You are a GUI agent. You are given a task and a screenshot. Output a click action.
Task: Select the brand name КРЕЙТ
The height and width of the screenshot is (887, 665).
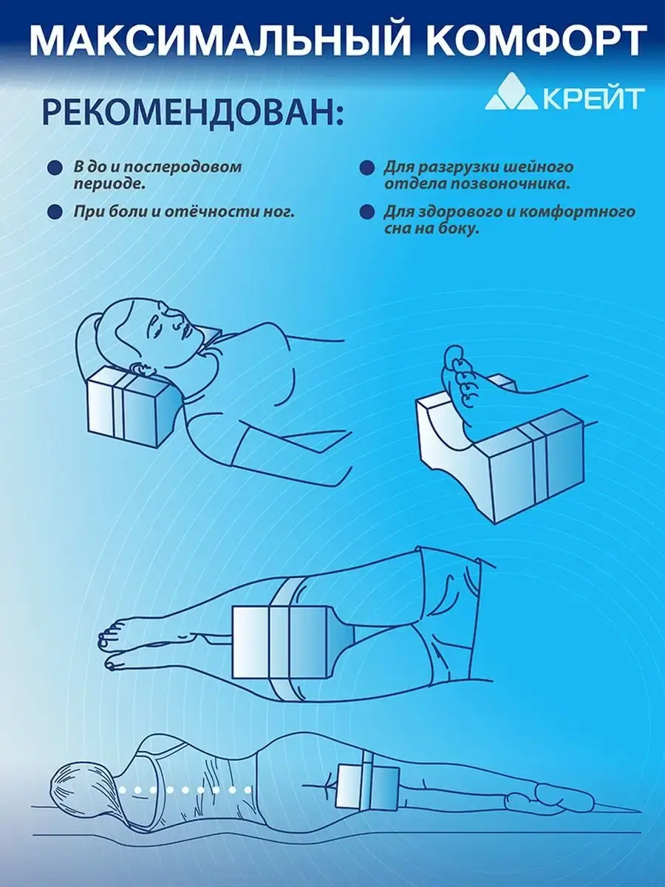(592, 98)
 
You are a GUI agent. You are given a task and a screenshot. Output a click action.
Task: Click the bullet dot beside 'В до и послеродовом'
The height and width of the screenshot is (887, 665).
(55, 169)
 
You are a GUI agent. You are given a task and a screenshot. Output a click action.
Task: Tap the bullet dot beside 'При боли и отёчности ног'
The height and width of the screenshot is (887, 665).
(55, 211)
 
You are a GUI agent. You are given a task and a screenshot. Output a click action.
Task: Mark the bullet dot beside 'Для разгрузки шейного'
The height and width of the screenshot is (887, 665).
(366, 169)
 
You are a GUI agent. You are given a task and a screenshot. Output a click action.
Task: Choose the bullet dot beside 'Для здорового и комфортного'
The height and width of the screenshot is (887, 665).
(366, 212)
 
